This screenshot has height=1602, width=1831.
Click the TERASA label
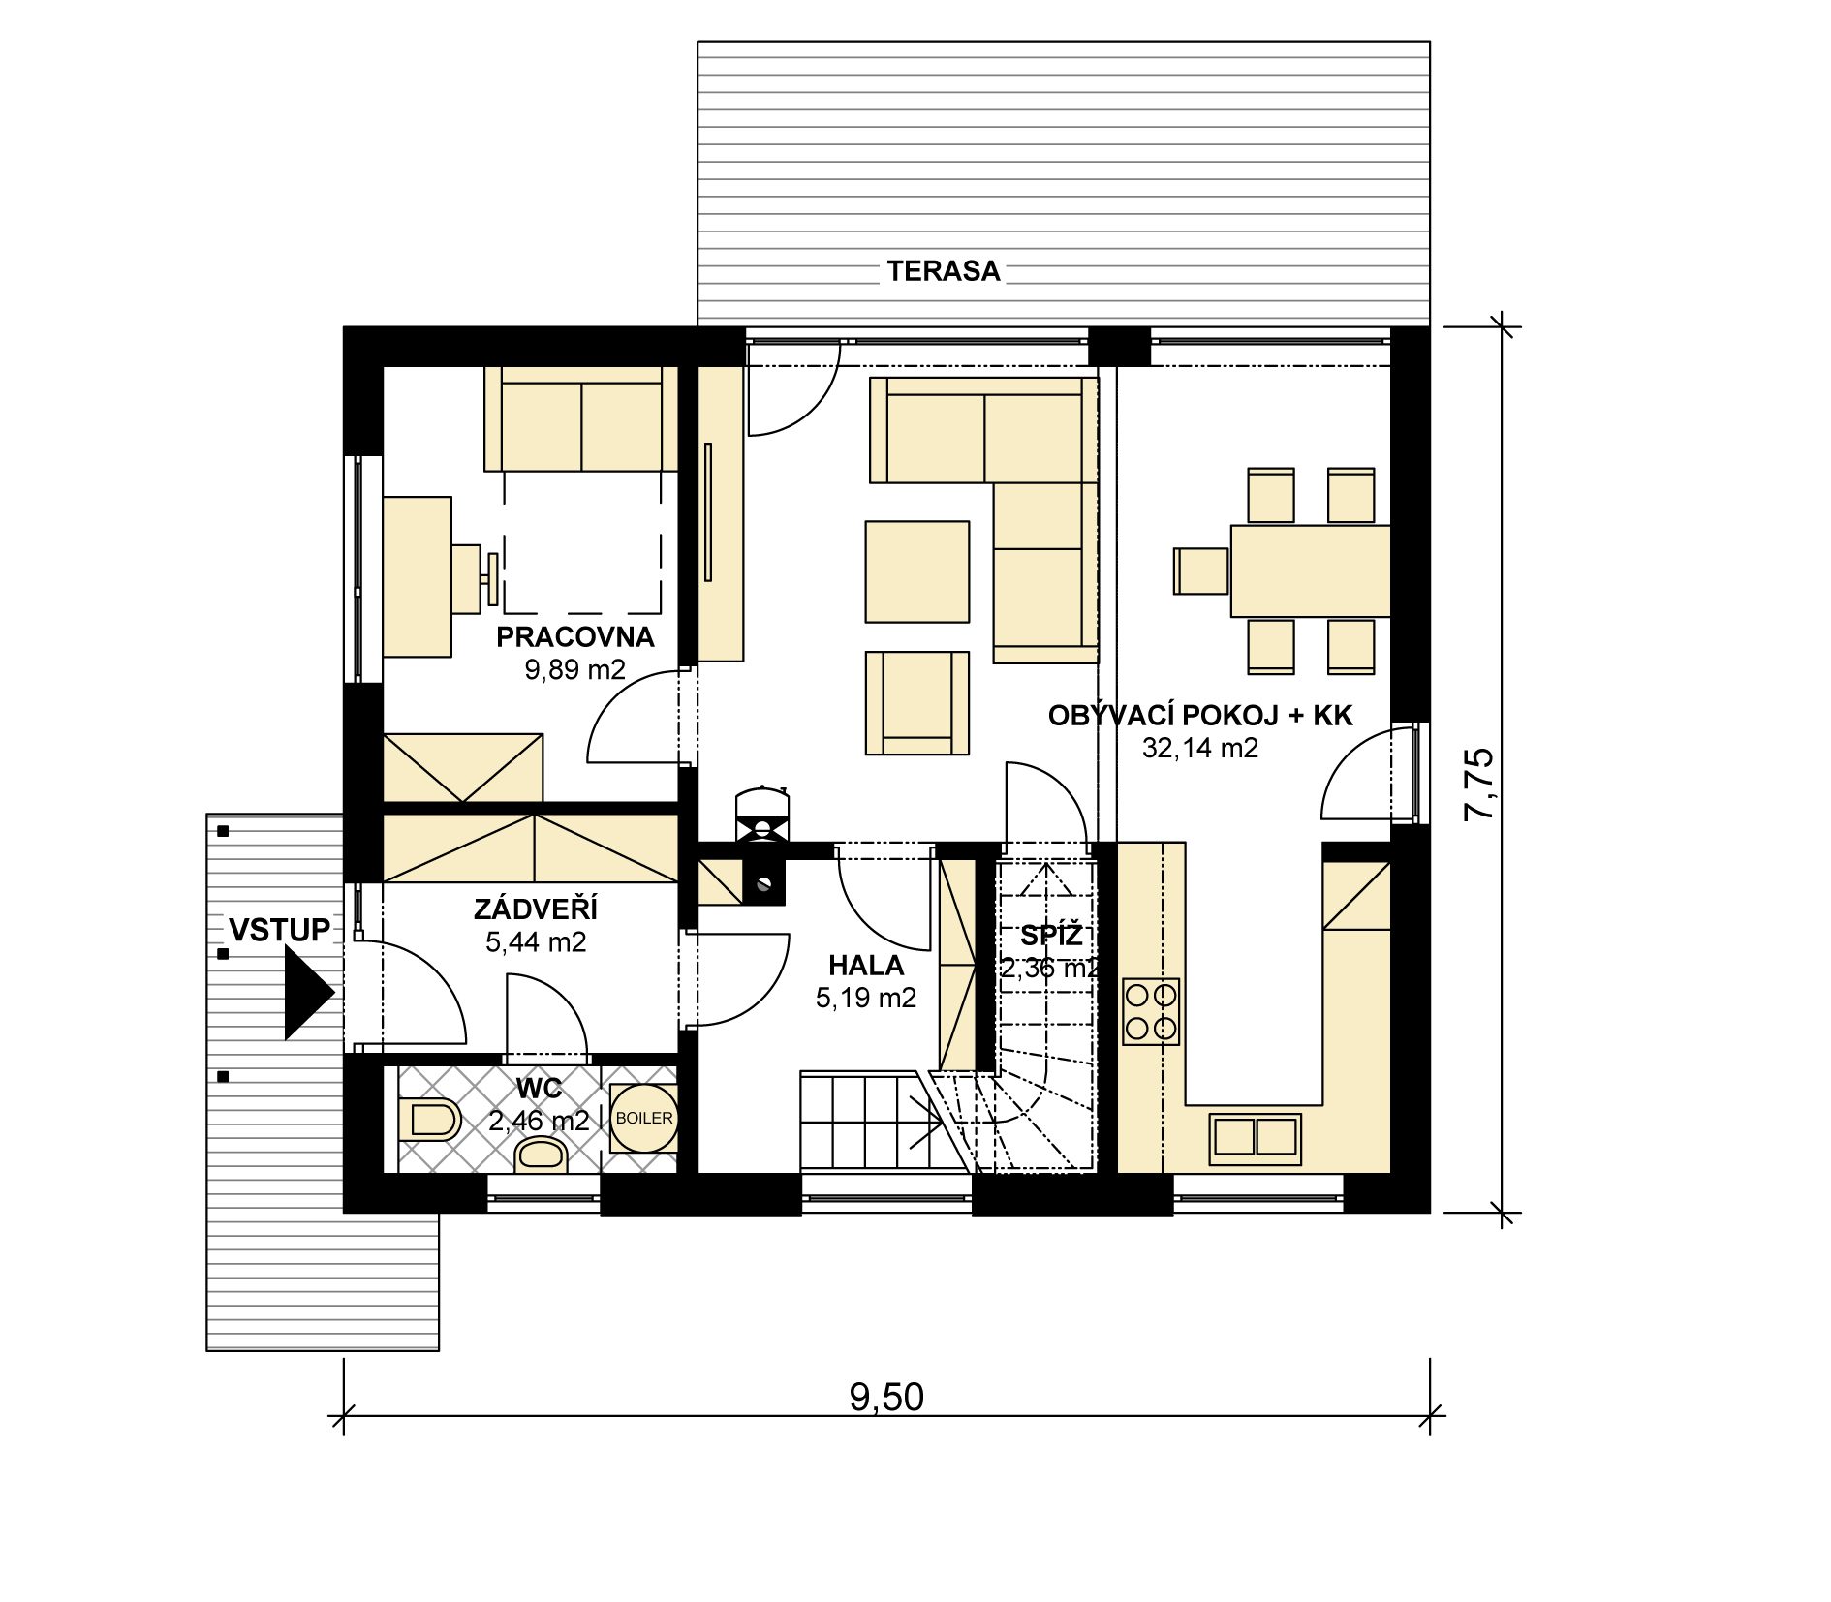click(943, 270)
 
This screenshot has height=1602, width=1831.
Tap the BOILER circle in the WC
click(644, 1118)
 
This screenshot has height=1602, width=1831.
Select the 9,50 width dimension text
click(886, 1397)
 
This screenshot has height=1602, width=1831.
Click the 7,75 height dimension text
click(1479, 785)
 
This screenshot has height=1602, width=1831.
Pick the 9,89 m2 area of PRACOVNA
click(574, 669)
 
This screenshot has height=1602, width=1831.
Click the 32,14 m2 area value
click(1199, 748)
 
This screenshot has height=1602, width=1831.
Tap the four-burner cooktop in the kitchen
click(1151, 1011)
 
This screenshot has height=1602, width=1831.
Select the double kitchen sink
click(1256, 1139)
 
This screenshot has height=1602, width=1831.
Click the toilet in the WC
click(429, 1120)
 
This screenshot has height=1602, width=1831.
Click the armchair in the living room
click(916, 702)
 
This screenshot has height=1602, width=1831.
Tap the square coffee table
click(916, 571)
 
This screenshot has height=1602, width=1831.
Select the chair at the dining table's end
click(1201, 570)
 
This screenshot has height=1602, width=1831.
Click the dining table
click(1310, 570)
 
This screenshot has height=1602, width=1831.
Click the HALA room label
click(866, 965)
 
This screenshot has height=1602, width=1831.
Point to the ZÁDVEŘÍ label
click(536, 909)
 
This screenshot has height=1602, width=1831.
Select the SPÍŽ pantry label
click(1051, 935)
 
